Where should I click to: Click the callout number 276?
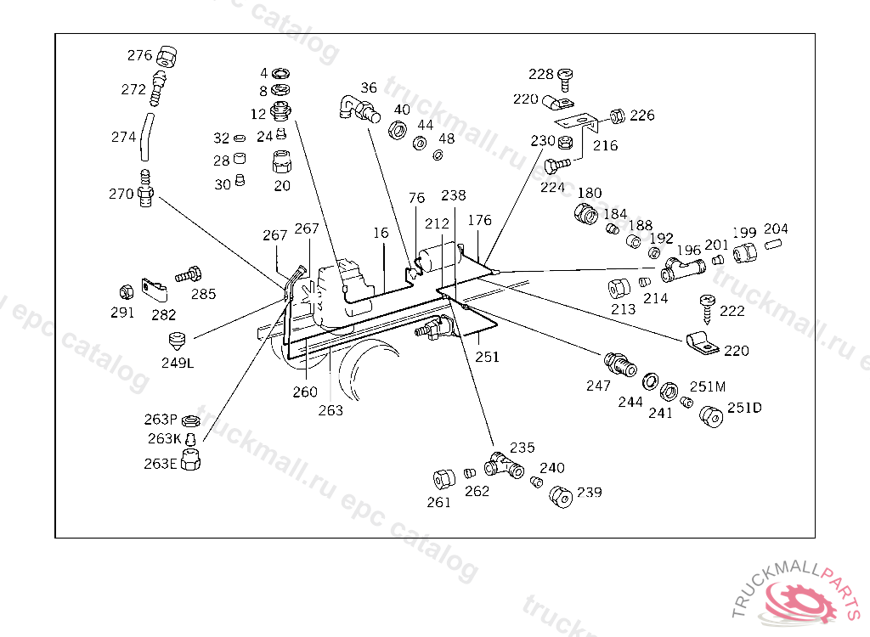(x=139, y=55)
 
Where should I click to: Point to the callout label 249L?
(x=178, y=363)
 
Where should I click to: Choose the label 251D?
(x=744, y=408)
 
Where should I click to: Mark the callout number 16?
(x=381, y=233)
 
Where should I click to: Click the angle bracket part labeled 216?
(x=577, y=125)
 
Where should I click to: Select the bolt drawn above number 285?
(x=189, y=274)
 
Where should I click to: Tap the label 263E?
(x=161, y=464)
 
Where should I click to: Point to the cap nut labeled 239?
(x=561, y=496)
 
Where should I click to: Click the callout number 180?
(x=590, y=193)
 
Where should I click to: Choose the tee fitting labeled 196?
(x=683, y=270)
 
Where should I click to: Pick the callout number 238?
(x=454, y=195)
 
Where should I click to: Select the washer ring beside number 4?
(x=280, y=73)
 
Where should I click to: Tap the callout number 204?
(x=776, y=228)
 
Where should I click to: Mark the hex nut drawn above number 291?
(x=127, y=292)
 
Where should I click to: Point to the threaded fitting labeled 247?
(x=619, y=364)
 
